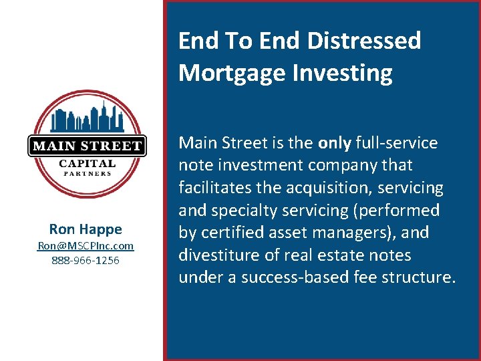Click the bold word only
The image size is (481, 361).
[x=335, y=143]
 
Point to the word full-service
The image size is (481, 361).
[x=397, y=143]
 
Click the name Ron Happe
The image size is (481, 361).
[x=86, y=229]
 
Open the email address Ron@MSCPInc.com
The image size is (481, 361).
[x=86, y=246]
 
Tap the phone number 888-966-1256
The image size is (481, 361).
[x=86, y=260]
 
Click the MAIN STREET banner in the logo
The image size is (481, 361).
[x=87, y=146]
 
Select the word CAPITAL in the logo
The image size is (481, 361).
[x=87, y=163]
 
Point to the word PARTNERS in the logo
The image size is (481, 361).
[x=87, y=174]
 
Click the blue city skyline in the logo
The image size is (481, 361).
[x=87, y=119]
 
